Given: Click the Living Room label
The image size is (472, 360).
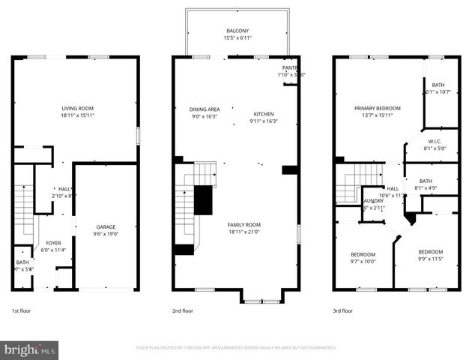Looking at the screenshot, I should [77, 109].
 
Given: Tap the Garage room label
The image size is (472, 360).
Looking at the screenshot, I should [106, 226].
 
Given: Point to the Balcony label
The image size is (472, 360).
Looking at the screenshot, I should [237, 31].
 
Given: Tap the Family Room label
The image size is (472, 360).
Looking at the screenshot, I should [243, 225].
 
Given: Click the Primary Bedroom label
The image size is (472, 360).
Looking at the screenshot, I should [377, 108].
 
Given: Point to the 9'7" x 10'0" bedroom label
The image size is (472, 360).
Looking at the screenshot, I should [362, 253].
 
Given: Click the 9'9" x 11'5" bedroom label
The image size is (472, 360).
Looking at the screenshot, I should [430, 252].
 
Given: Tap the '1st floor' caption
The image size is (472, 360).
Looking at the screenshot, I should [22, 310].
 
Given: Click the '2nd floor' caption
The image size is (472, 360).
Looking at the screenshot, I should [183, 310].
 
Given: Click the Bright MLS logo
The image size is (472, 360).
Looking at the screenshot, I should [30, 349].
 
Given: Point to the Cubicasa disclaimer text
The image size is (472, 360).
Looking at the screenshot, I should [235, 348].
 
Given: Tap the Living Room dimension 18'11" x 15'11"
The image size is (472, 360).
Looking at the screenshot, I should [77, 115].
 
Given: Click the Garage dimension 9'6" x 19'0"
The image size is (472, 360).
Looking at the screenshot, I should [106, 233].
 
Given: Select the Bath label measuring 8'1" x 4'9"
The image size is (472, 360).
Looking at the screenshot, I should [426, 181].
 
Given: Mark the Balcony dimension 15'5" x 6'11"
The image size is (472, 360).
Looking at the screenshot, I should [237, 37].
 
